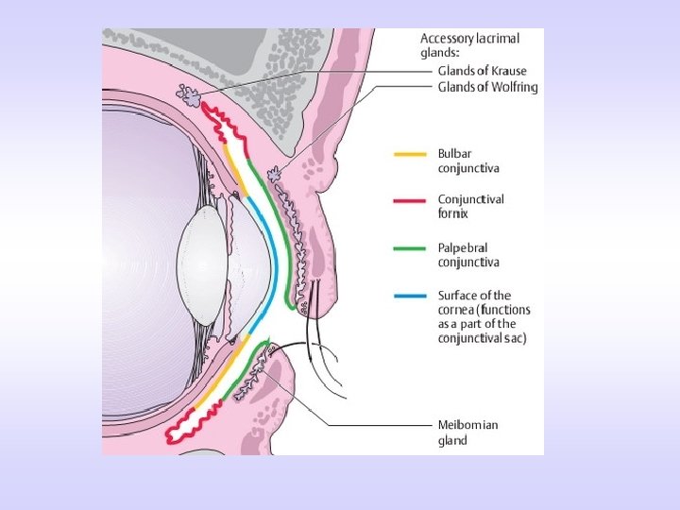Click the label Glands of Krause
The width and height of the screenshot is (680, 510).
(x=482, y=71)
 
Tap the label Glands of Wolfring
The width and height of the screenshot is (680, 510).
(x=487, y=87)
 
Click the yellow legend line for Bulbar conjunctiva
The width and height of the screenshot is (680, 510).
(x=409, y=152)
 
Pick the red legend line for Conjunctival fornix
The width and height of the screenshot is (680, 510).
(x=409, y=199)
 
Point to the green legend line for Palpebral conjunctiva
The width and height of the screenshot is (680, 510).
(x=409, y=247)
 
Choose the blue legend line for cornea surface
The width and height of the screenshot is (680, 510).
(x=409, y=296)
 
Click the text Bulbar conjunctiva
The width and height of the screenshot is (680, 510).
(x=468, y=160)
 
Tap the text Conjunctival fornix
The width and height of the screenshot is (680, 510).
(x=470, y=207)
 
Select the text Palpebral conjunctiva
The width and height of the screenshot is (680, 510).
(x=468, y=254)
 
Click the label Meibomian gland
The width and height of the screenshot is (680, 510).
(x=467, y=432)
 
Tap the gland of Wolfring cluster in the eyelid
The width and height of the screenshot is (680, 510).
(x=276, y=174)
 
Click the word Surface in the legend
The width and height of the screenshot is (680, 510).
(x=460, y=296)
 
